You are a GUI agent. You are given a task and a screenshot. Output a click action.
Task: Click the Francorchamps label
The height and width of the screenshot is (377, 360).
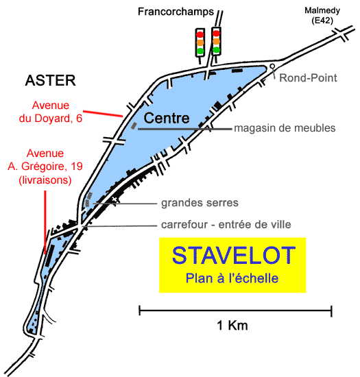pos(176,12)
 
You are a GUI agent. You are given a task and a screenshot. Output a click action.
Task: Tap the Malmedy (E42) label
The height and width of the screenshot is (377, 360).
pos(322,15)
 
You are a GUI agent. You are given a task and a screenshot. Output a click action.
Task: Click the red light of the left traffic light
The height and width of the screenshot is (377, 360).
pos(200,34)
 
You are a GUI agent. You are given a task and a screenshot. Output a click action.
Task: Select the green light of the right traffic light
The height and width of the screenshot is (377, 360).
pos(217,50)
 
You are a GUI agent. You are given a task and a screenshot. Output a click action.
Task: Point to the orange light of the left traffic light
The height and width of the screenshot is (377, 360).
pos(200,42)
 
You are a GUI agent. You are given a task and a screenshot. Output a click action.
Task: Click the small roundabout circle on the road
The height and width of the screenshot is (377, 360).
pos(272,66)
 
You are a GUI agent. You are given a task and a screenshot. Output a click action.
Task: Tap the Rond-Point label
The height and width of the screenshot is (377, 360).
pos(308,78)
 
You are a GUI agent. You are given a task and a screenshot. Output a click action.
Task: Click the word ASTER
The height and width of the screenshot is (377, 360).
pos(51,80)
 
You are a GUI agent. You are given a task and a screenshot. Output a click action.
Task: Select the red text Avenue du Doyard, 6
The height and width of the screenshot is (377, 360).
pos(51,112)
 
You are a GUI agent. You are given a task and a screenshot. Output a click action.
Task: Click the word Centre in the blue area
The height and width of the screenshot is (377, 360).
pos(167,118)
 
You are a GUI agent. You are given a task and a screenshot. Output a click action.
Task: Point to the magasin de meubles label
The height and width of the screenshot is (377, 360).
pos(285,128)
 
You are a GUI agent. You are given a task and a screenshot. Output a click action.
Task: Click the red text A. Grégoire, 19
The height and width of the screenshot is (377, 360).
pos(45,167)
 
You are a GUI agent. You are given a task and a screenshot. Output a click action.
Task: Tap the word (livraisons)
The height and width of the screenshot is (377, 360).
pos(45,180)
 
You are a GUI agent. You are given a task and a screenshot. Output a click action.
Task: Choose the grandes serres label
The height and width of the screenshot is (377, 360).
pos(200,203)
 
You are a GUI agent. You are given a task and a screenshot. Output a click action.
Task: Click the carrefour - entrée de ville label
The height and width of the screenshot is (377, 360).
pos(226,225)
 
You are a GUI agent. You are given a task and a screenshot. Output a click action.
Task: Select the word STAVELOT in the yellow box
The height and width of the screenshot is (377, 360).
pos(234,256)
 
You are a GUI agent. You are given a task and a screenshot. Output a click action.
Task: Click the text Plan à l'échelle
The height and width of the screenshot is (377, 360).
pos(232,278)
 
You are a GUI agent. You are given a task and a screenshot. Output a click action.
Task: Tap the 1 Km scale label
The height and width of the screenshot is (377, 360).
pos(232,326)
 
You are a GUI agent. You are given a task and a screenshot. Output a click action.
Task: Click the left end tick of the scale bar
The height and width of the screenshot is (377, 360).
pos(140,311)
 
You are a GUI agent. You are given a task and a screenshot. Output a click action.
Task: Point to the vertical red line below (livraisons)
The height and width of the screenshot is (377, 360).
pos(45,222)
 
